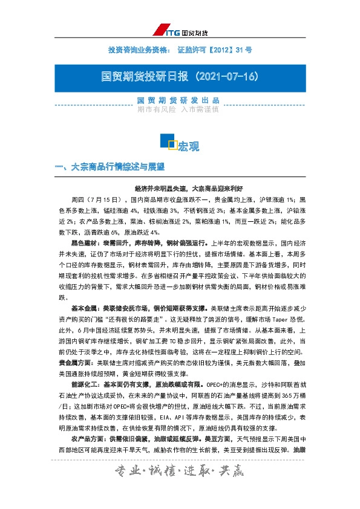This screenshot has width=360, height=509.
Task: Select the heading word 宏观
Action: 189,146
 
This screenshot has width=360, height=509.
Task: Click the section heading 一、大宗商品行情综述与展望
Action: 110,166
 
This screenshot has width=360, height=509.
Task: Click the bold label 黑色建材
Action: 83,242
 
